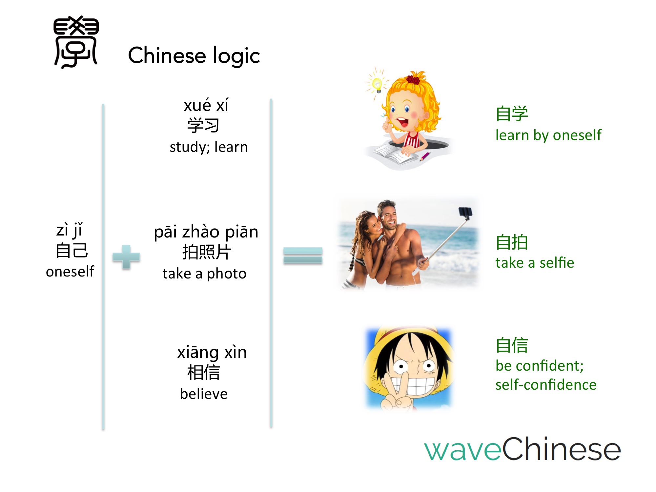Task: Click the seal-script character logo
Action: tap(76, 42)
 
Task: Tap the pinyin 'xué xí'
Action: tap(206, 105)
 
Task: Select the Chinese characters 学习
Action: tap(203, 125)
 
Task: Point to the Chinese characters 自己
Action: tap(72, 251)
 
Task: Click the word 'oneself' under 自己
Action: tap(70, 272)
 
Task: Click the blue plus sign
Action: tap(126, 257)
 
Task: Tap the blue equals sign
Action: tap(303, 256)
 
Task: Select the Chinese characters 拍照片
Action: tap(207, 252)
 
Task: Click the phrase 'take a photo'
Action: tap(204, 274)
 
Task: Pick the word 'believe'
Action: tap(204, 394)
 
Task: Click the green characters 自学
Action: tap(512, 113)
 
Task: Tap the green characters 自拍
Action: tap(512, 242)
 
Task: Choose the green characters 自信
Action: tap(512, 345)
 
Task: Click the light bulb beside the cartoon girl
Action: tap(377, 84)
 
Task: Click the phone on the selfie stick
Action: tap(465, 213)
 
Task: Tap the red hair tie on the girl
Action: tap(413, 79)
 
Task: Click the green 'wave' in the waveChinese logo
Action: tap(463, 450)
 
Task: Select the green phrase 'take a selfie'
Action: tap(535, 263)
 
